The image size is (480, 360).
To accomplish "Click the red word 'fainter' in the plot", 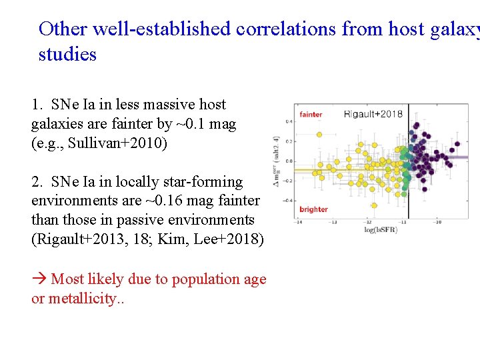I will (x=311, y=115).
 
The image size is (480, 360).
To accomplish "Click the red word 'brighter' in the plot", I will (x=313, y=209).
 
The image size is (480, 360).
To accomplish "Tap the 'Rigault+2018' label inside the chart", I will (x=373, y=114).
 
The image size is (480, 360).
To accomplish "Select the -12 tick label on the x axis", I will (x=368, y=223).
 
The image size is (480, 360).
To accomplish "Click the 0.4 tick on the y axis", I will (x=289, y=121).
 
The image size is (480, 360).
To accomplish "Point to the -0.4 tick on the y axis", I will (x=288, y=200).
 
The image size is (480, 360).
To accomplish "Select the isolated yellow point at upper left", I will (x=319, y=134).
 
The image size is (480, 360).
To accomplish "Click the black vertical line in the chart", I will (x=408, y=167).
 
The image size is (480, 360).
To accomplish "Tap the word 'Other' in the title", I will (x=63, y=29).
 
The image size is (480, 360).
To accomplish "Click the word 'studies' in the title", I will (x=67, y=54).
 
